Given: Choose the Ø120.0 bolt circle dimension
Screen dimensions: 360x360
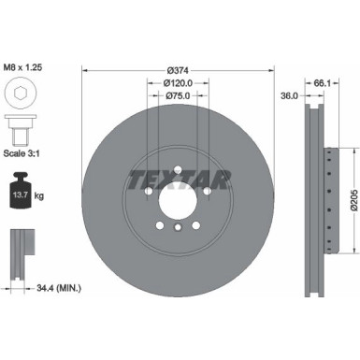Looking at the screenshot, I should pyautogui.click(x=178, y=83).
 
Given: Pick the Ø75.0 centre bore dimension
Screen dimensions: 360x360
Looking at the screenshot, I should pyautogui.click(x=178, y=95).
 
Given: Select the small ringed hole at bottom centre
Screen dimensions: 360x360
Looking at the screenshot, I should pyautogui.click(x=178, y=226).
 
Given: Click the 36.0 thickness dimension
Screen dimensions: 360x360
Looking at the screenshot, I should pyautogui.click(x=289, y=94).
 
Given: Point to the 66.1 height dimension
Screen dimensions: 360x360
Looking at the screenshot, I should pyautogui.click(x=321, y=83).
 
